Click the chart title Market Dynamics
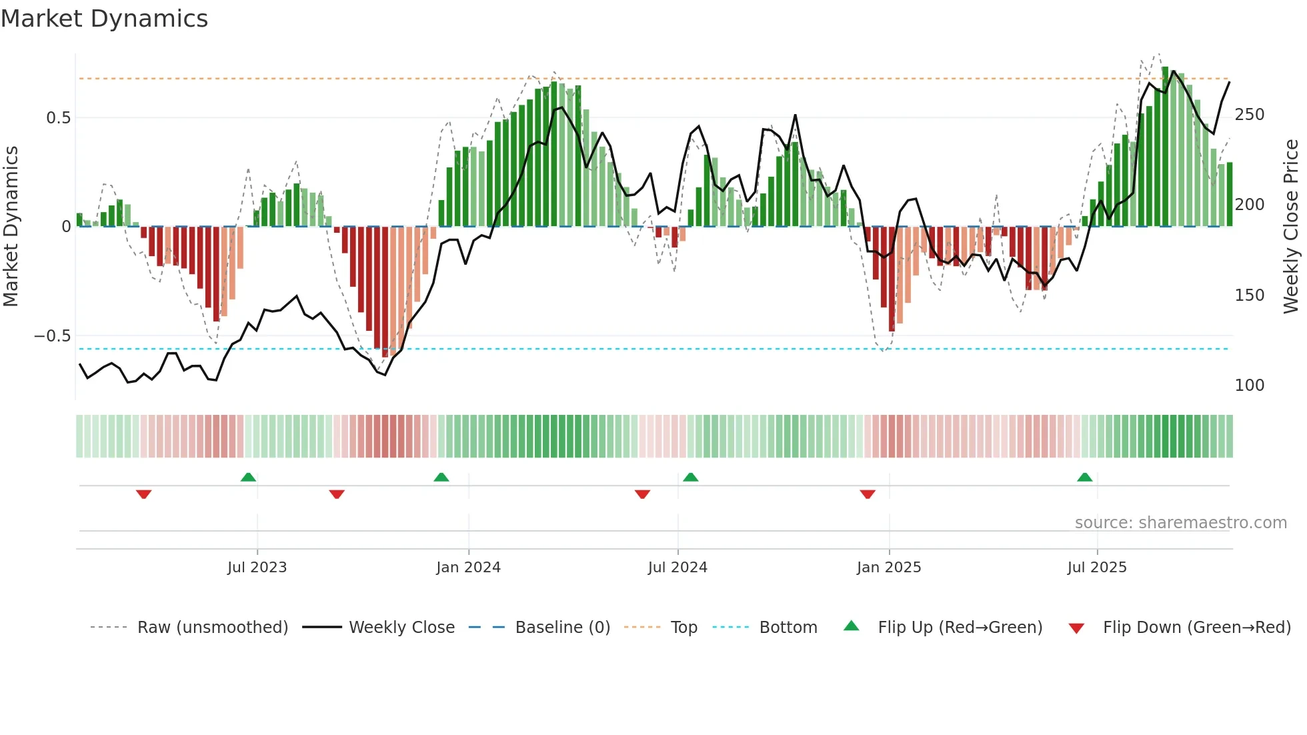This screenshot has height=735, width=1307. click(x=104, y=19)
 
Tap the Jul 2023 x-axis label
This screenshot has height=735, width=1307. click(x=257, y=568)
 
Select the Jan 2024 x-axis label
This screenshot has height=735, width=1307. click(x=468, y=568)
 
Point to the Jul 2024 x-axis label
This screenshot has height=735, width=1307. click(x=678, y=568)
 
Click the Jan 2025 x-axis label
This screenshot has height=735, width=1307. click(x=889, y=568)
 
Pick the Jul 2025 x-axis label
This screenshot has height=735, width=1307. click(x=1097, y=568)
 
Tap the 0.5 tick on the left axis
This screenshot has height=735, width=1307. click(x=58, y=118)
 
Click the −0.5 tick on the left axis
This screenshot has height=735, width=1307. click(x=53, y=336)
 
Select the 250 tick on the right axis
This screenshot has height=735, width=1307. click(x=1250, y=115)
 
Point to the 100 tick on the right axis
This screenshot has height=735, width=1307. click(x=1250, y=386)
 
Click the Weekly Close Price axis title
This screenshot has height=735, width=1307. click(x=1291, y=227)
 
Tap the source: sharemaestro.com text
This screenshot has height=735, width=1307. click(x=1180, y=523)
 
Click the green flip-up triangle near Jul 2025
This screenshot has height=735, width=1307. click(x=1084, y=478)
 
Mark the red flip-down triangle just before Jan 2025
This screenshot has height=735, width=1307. click(x=868, y=494)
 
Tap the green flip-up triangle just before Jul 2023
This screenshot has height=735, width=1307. click(x=248, y=478)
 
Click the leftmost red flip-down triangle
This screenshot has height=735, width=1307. click(x=143, y=494)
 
